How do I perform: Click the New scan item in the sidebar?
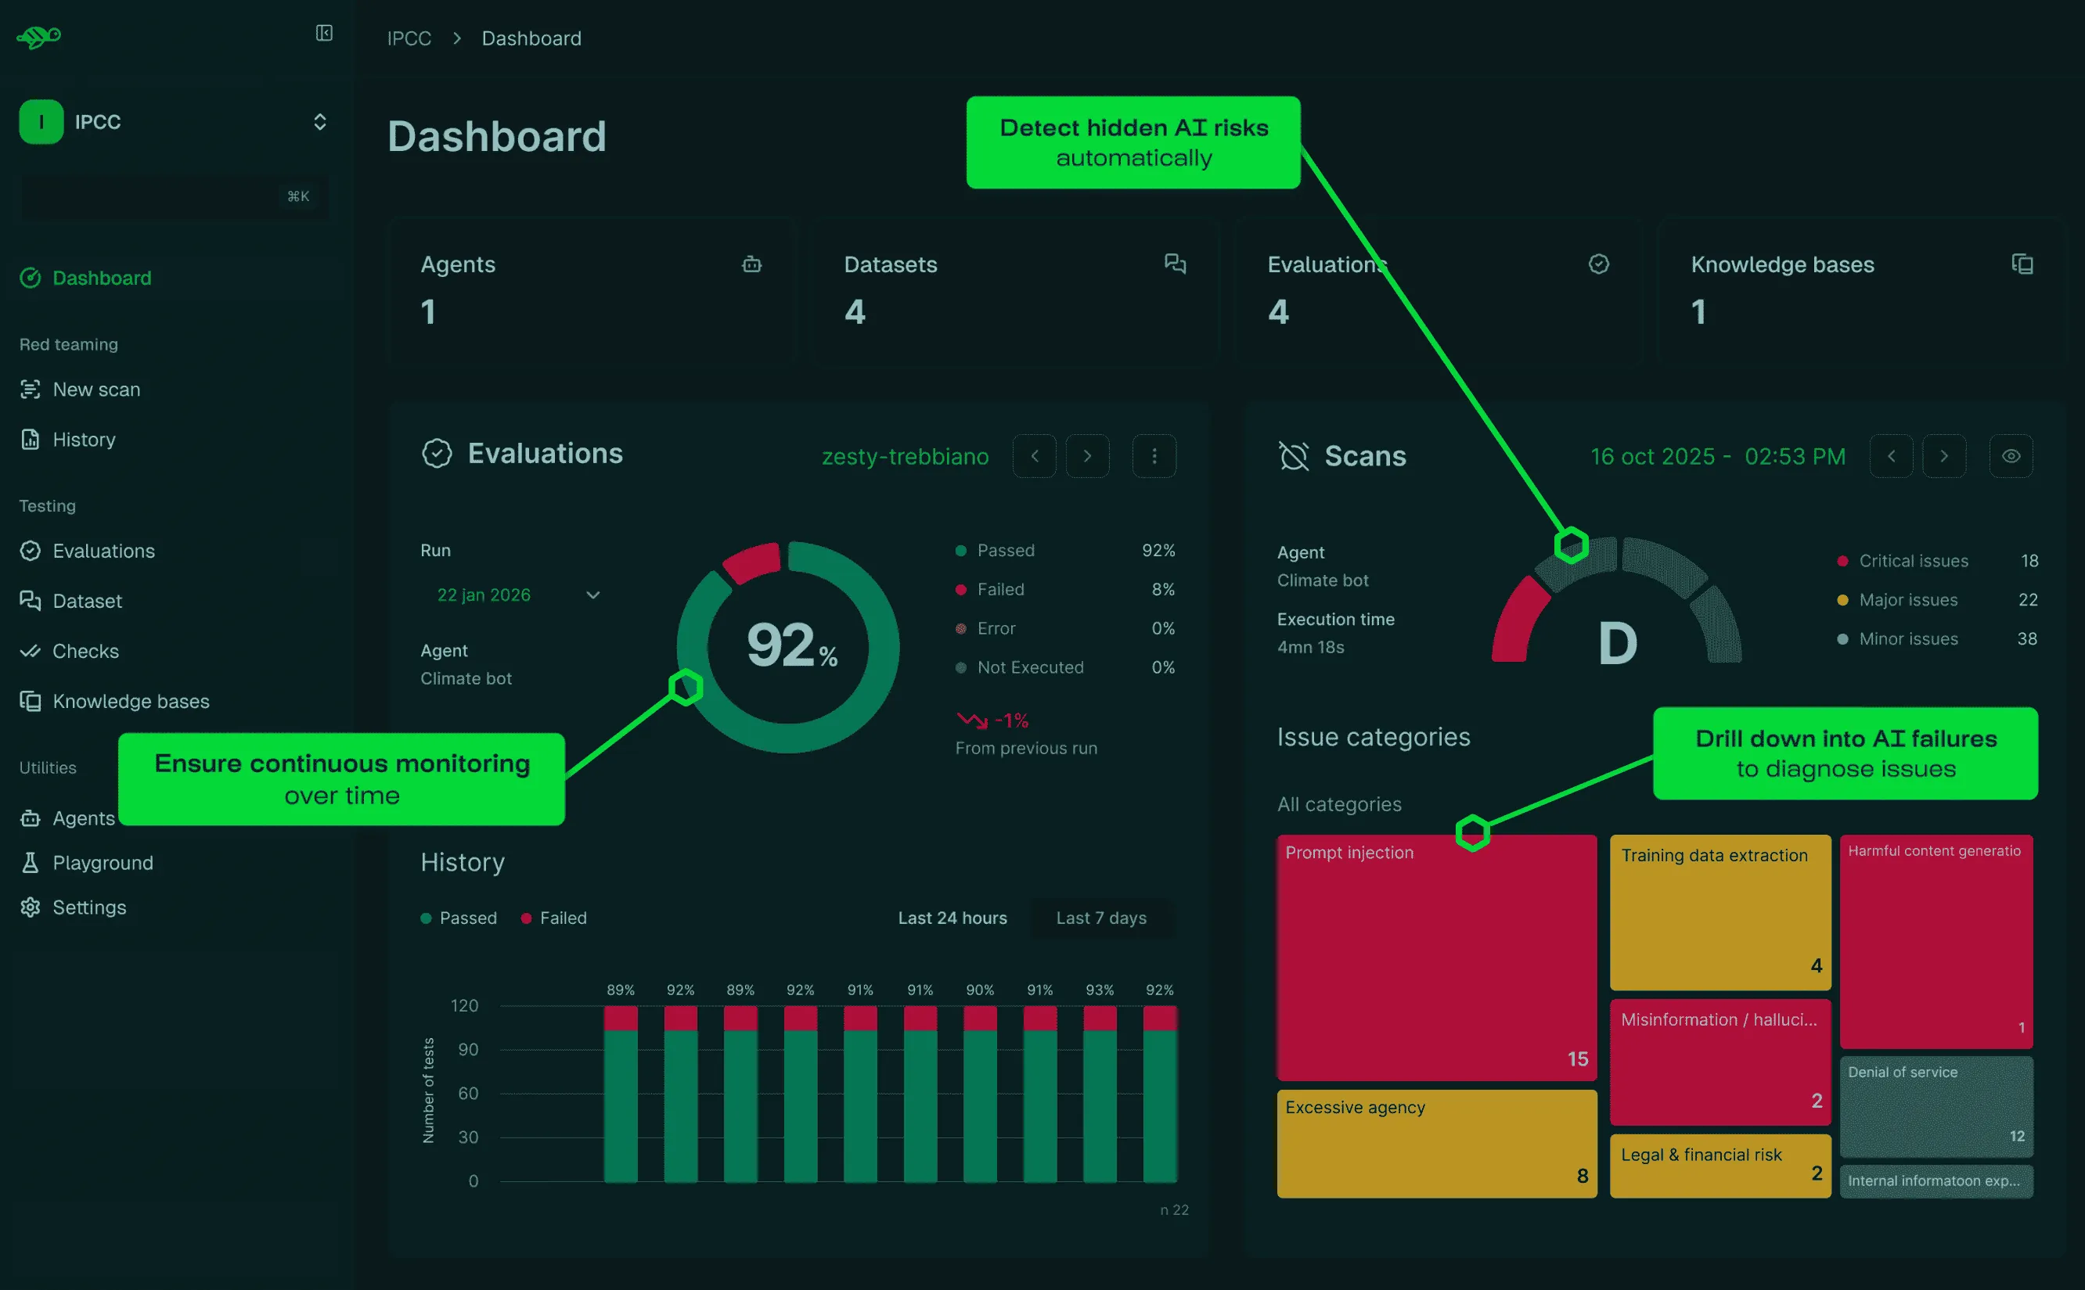point(81,390)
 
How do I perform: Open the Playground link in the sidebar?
point(86,863)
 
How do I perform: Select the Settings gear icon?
point(31,907)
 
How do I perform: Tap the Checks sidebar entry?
point(69,651)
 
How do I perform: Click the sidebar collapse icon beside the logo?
point(324,34)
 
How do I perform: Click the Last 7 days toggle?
point(1101,918)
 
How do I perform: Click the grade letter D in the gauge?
point(1617,643)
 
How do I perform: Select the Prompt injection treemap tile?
point(1436,958)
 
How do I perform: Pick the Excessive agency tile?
point(1436,1143)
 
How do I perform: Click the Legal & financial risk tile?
point(1719,1166)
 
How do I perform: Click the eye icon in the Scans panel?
point(2011,456)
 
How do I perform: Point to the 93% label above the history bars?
point(1100,990)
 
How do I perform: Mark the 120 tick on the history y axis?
point(464,1006)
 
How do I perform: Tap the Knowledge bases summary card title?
point(1782,264)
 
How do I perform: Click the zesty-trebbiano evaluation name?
point(905,456)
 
